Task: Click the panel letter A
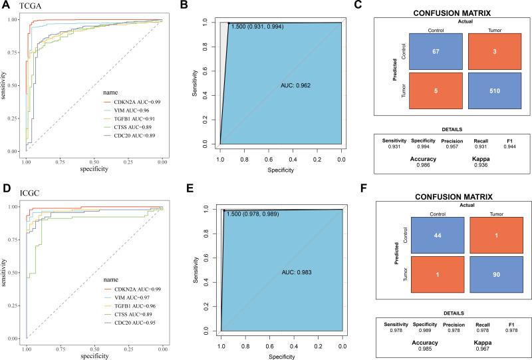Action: (5, 7)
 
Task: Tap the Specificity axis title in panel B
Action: (280, 169)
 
